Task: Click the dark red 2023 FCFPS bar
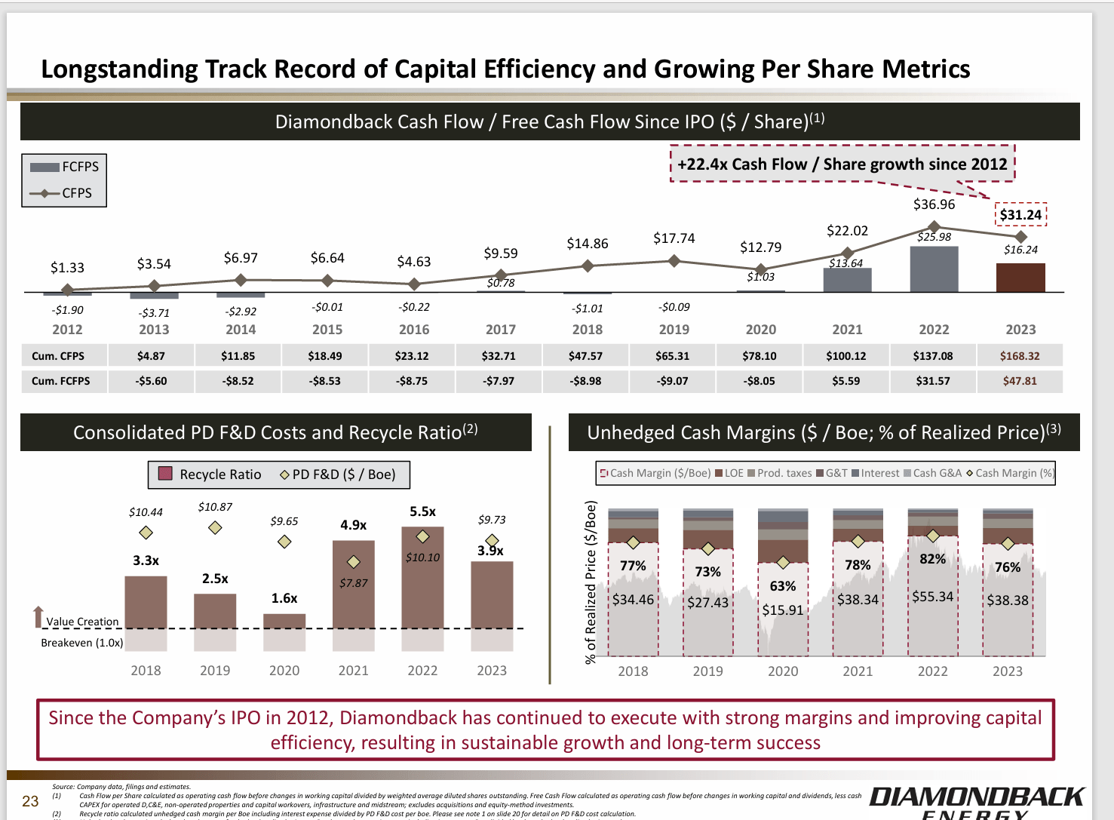pos(1020,278)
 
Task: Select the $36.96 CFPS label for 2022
pos(934,204)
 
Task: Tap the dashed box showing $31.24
pos(1020,215)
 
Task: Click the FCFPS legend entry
pos(65,167)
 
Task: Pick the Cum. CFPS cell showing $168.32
pos(1020,356)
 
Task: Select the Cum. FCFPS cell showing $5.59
pos(846,381)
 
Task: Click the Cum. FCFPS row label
pos(60,381)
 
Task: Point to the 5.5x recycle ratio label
pos(422,511)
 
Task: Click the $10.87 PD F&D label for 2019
pos(215,507)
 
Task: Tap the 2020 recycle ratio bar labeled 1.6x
pos(284,621)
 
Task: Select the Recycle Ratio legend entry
pos(210,474)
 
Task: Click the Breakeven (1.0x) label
pos(81,643)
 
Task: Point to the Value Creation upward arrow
pos(38,616)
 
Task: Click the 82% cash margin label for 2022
pos(932,559)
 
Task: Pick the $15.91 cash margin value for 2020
pos(783,610)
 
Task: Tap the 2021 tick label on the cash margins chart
pos(858,671)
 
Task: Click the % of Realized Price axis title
pos(591,582)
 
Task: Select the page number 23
pos(30,801)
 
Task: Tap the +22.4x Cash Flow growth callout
pos(842,164)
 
